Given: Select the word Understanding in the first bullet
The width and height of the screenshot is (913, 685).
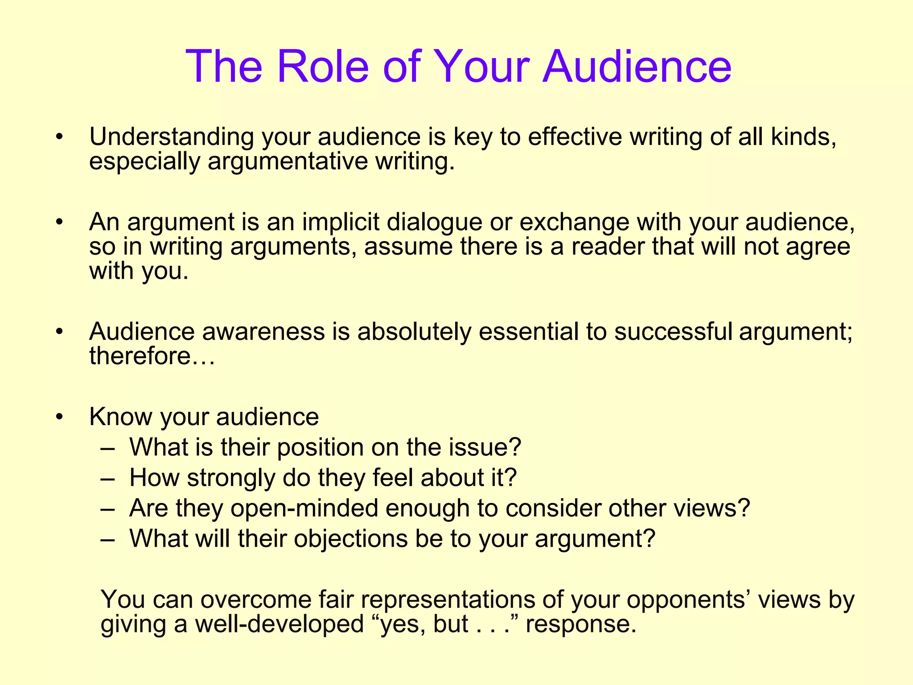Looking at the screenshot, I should point(172,137).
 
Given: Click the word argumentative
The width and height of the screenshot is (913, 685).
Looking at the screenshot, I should point(288,161).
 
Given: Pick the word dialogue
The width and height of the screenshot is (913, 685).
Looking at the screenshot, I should point(434,222).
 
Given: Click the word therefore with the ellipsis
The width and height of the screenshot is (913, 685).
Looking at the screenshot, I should point(152,356).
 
